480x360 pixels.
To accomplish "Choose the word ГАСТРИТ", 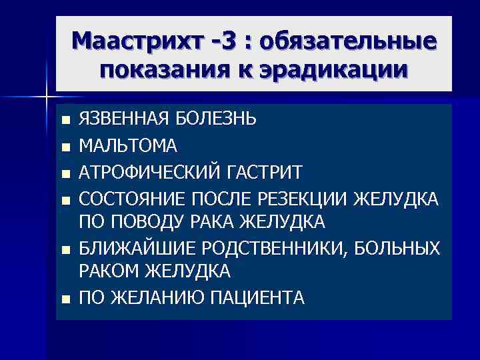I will [269, 172].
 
